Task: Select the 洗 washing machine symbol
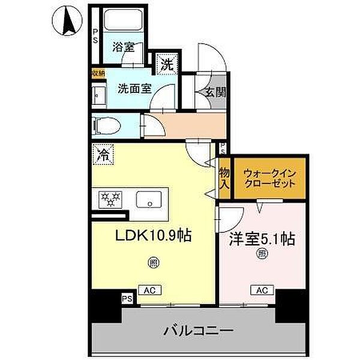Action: click(x=165, y=64)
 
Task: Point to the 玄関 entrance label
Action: click(x=214, y=94)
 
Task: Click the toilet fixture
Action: click(x=107, y=126)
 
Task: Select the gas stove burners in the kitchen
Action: click(x=109, y=199)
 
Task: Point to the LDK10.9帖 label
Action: click(x=153, y=236)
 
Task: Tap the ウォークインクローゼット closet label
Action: click(x=269, y=178)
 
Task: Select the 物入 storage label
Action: click(x=224, y=178)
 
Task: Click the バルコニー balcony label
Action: click(x=199, y=330)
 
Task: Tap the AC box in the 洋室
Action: click(x=261, y=290)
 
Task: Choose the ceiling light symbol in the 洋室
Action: click(x=262, y=254)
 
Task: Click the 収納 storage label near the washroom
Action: click(x=97, y=73)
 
